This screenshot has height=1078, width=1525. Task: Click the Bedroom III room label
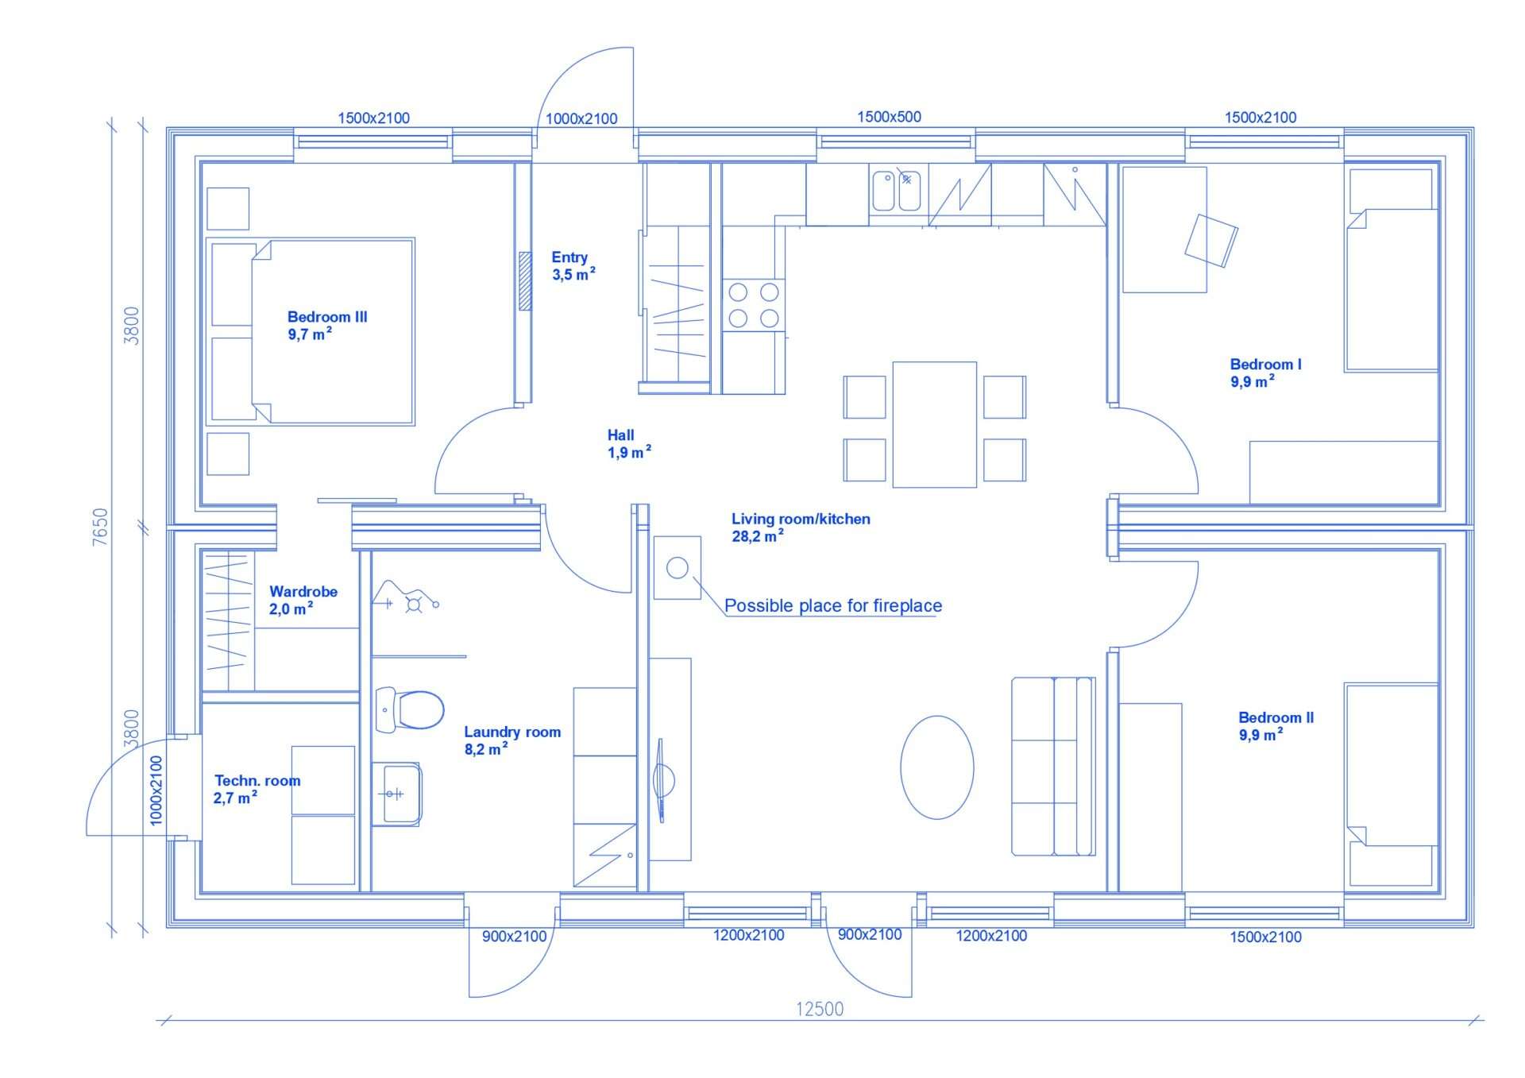pyautogui.click(x=327, y=326)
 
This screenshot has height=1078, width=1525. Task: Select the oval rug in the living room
pyautogui.click(x=937, y=767)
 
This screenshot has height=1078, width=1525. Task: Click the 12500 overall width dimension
pyautogui.click(x=820, y=1009)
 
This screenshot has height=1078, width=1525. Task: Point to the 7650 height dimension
pyautogui.click(x=100, y=527)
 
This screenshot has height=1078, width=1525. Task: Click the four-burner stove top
pyautogui.click(x=754, y=305)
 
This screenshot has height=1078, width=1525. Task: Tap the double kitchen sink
pyautogui.click(x=897, y=191)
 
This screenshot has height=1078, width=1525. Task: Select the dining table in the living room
pyautogui.click(x=935, y=424)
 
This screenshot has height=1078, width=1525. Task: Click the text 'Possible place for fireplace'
pyautogui.click(x=833, y=605)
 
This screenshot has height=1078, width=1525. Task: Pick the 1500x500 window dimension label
pyautogui.click(x=889, y=117)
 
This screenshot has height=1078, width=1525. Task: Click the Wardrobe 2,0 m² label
pyautogui.click(x=303, y=600)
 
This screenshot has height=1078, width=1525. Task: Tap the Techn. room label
pyautogui.click(x=257, y=789)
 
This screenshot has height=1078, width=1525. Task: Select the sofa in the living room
pyautogui.click(x=1053, y=767)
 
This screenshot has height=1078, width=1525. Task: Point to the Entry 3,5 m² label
pyautogui.click(x=573, y=266)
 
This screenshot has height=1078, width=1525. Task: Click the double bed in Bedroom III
pyautogui.click(x=311, y=331)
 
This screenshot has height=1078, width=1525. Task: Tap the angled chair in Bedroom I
pyautogui.click(x=1211, y=241)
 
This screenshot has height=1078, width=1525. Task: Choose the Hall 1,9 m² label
pyautogui.click(x=629, y=444)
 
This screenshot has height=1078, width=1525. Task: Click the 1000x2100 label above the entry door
pyautogui.click(x=581, y=118)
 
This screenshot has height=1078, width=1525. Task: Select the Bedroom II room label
pyautogui.click(x=1276, y=726)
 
